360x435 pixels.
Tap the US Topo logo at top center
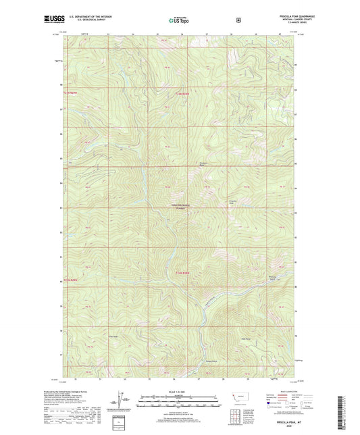click(178, 20)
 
